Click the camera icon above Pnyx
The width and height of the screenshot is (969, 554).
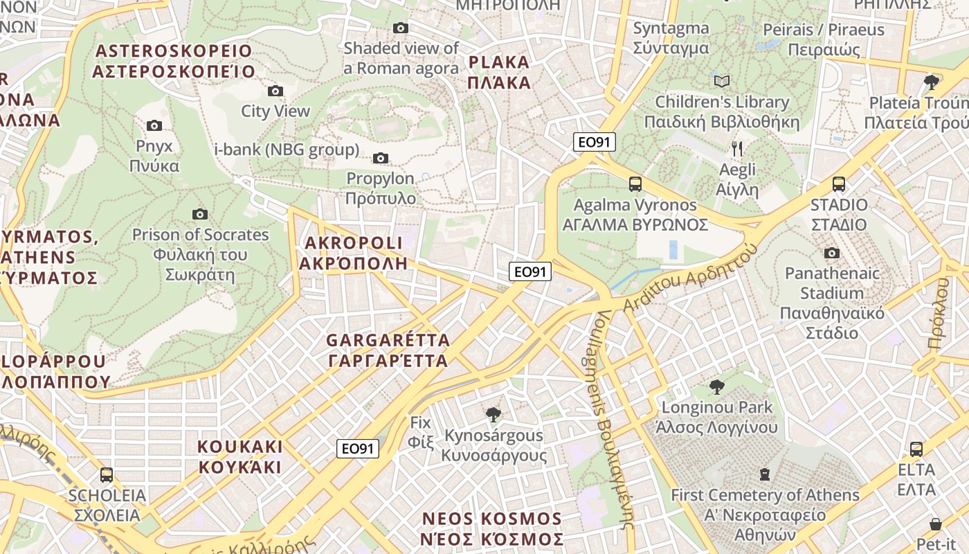click(154, 125)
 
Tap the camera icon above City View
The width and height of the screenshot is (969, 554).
click(275, 91)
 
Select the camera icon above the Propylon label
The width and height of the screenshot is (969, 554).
click(380, 158)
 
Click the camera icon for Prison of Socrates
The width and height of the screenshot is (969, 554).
click(200, 214)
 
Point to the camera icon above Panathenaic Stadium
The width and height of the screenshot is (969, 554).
click(832, 253)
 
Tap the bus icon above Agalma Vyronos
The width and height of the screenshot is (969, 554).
click(635, 184)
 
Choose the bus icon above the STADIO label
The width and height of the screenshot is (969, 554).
click(839, 184)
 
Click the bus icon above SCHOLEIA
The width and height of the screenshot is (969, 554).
click(107, 475)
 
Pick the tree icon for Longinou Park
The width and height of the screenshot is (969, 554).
click(716, 386)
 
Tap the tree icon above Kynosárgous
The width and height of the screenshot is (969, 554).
click(493, 415)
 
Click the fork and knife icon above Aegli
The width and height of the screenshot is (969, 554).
click(737, 148)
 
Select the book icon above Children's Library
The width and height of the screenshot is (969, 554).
click(722, 81)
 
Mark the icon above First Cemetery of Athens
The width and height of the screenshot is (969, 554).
click(765, 474)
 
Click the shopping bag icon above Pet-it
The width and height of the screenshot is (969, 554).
click(936, 524)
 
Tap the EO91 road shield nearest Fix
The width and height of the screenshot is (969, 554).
click(359, 449)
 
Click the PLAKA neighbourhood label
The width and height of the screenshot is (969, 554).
click(499, 73)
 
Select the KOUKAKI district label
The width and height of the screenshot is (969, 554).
click(240, 456)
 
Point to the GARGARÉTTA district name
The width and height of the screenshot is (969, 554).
click(388, 350)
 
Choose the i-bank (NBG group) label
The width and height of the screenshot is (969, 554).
click(287, 149)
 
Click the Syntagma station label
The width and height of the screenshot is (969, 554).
click(671, 38)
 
